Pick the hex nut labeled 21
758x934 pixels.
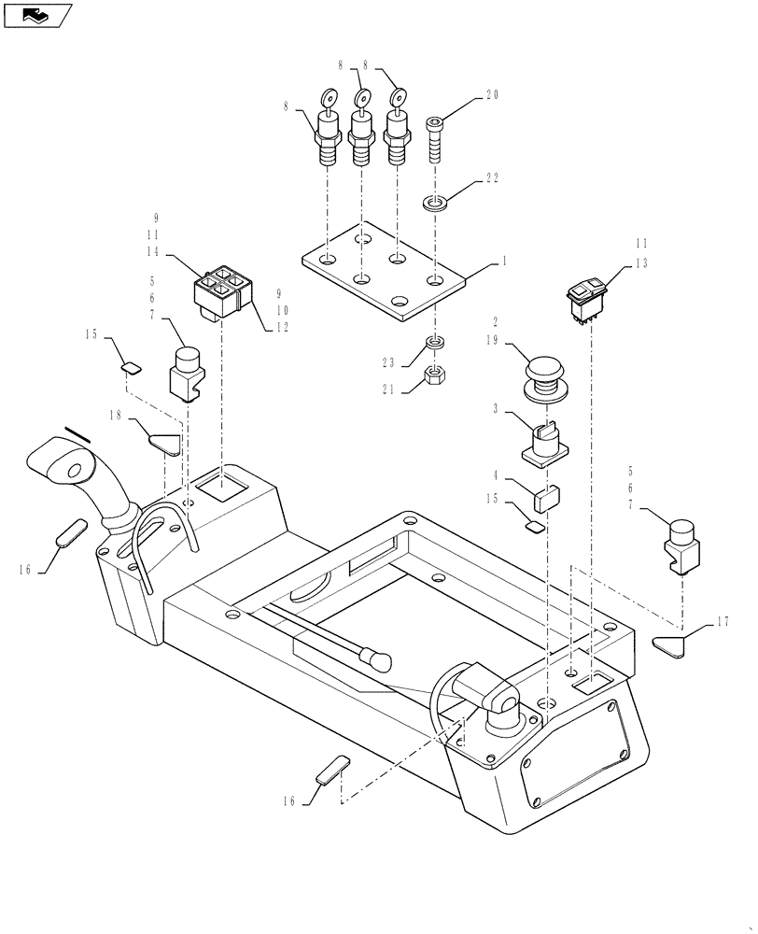(x=434, y=375)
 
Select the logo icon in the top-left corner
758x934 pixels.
(x=37, y=15)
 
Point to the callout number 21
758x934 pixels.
(x=388, y=391)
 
